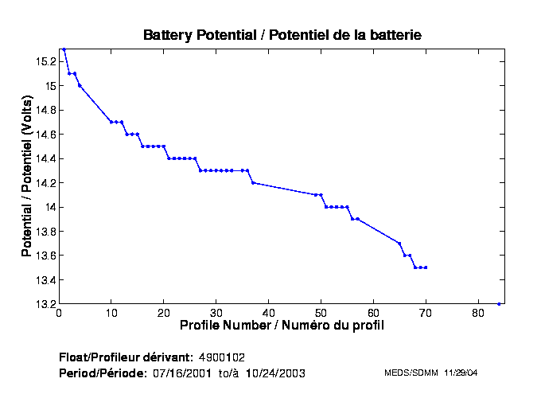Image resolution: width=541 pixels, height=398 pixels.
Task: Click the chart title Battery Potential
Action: point(282,35)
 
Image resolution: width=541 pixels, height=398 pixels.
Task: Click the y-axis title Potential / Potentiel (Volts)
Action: point(26,176)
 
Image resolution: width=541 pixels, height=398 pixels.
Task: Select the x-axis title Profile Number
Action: point(282,326)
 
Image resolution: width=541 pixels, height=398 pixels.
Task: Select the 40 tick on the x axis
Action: point(269,313)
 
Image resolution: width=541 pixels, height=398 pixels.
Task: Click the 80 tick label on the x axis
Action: point(478,313)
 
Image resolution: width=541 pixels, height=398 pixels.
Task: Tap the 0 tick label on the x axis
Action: point(59,313)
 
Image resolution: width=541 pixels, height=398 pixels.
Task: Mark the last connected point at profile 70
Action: point(426,267)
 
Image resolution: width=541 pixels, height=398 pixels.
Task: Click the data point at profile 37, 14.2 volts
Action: point(253,182)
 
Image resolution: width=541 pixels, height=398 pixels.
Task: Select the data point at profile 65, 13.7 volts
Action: point(399,244)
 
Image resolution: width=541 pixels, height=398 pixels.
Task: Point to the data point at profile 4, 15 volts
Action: point(80,85)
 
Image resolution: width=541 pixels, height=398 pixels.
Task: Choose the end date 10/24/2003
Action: point(274,373)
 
